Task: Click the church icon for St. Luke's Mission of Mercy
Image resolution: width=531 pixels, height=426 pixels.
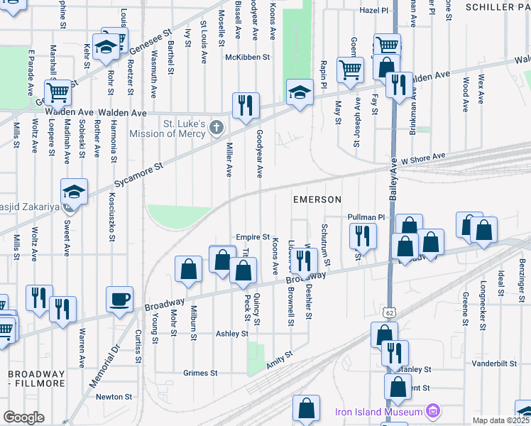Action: point(217,129)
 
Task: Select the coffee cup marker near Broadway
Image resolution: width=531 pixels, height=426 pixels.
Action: point(119,298)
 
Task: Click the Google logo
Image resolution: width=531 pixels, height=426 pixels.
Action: point(23,417)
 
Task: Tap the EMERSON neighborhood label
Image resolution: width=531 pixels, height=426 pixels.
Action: point(317,200)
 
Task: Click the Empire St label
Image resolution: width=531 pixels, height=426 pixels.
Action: point(253,237)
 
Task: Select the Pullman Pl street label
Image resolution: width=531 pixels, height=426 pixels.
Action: point(366,217)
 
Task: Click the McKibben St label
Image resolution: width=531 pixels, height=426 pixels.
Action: point(248,57)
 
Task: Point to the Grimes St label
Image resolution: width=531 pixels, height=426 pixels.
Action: point(200,373)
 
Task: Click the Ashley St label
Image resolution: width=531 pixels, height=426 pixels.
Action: point(232,333)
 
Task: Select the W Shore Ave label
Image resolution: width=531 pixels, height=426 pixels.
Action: point(423,158)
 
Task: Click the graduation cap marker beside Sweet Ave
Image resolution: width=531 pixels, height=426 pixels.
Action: point(74,191)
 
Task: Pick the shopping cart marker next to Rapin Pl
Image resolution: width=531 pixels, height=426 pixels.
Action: point(351,70)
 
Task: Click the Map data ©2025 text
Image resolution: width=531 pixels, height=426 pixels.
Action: point(500,420)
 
